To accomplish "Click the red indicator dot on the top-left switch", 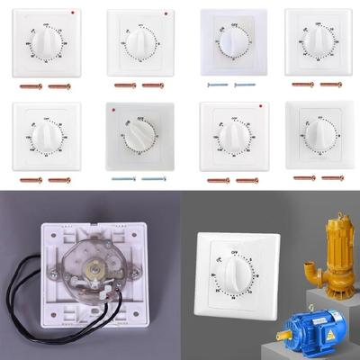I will pyautogui.click(x=73, y=15).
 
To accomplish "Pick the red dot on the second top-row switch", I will pyautogui.click(x=166, y=15).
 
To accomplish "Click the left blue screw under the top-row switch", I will pyautogui.click(x=217, y=85).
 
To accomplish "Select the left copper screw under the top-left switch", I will pyautogui.click(x=31, y=85).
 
